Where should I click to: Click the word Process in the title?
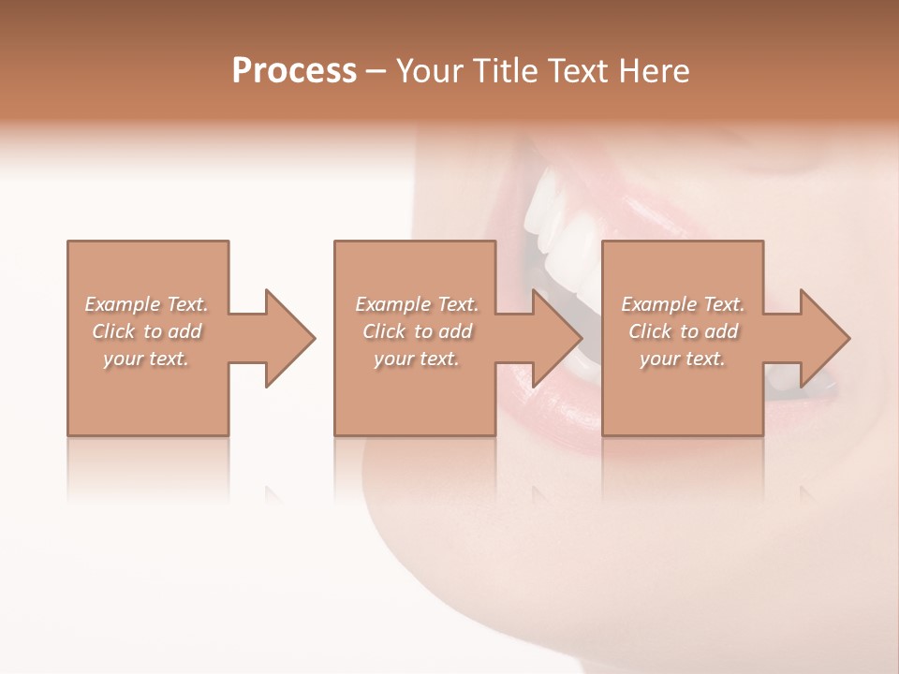[294, 71]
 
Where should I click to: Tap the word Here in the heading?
[655, 71]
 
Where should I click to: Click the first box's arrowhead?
[289, 338]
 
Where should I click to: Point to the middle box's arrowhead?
[557, 338]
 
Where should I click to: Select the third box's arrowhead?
[824, 338]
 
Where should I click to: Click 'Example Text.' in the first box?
[146, 304]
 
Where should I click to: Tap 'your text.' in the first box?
[146, 359]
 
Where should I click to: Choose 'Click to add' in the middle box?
[417, 331]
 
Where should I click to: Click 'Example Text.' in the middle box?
[417, 304]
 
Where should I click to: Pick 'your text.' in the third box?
[683, 359]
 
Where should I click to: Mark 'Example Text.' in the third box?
[683, 304]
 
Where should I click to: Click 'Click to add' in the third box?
[683, 331]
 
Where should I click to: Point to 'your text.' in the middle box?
[417, 359]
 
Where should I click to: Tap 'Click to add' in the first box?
[146, 331]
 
